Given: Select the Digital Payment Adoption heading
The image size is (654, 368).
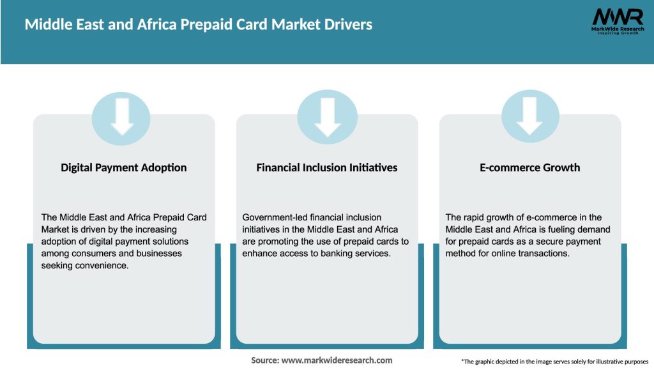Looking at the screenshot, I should (x=124, y=167).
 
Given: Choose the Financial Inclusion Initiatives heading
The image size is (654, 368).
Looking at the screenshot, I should (x=327, y=167).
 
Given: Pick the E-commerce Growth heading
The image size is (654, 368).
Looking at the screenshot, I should (x=530, y=167).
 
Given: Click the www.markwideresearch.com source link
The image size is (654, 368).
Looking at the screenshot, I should (x=337, y=360).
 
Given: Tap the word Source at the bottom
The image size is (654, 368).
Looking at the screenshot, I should (x=264, y=360).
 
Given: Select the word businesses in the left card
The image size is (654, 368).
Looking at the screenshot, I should (x=159, y=254).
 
